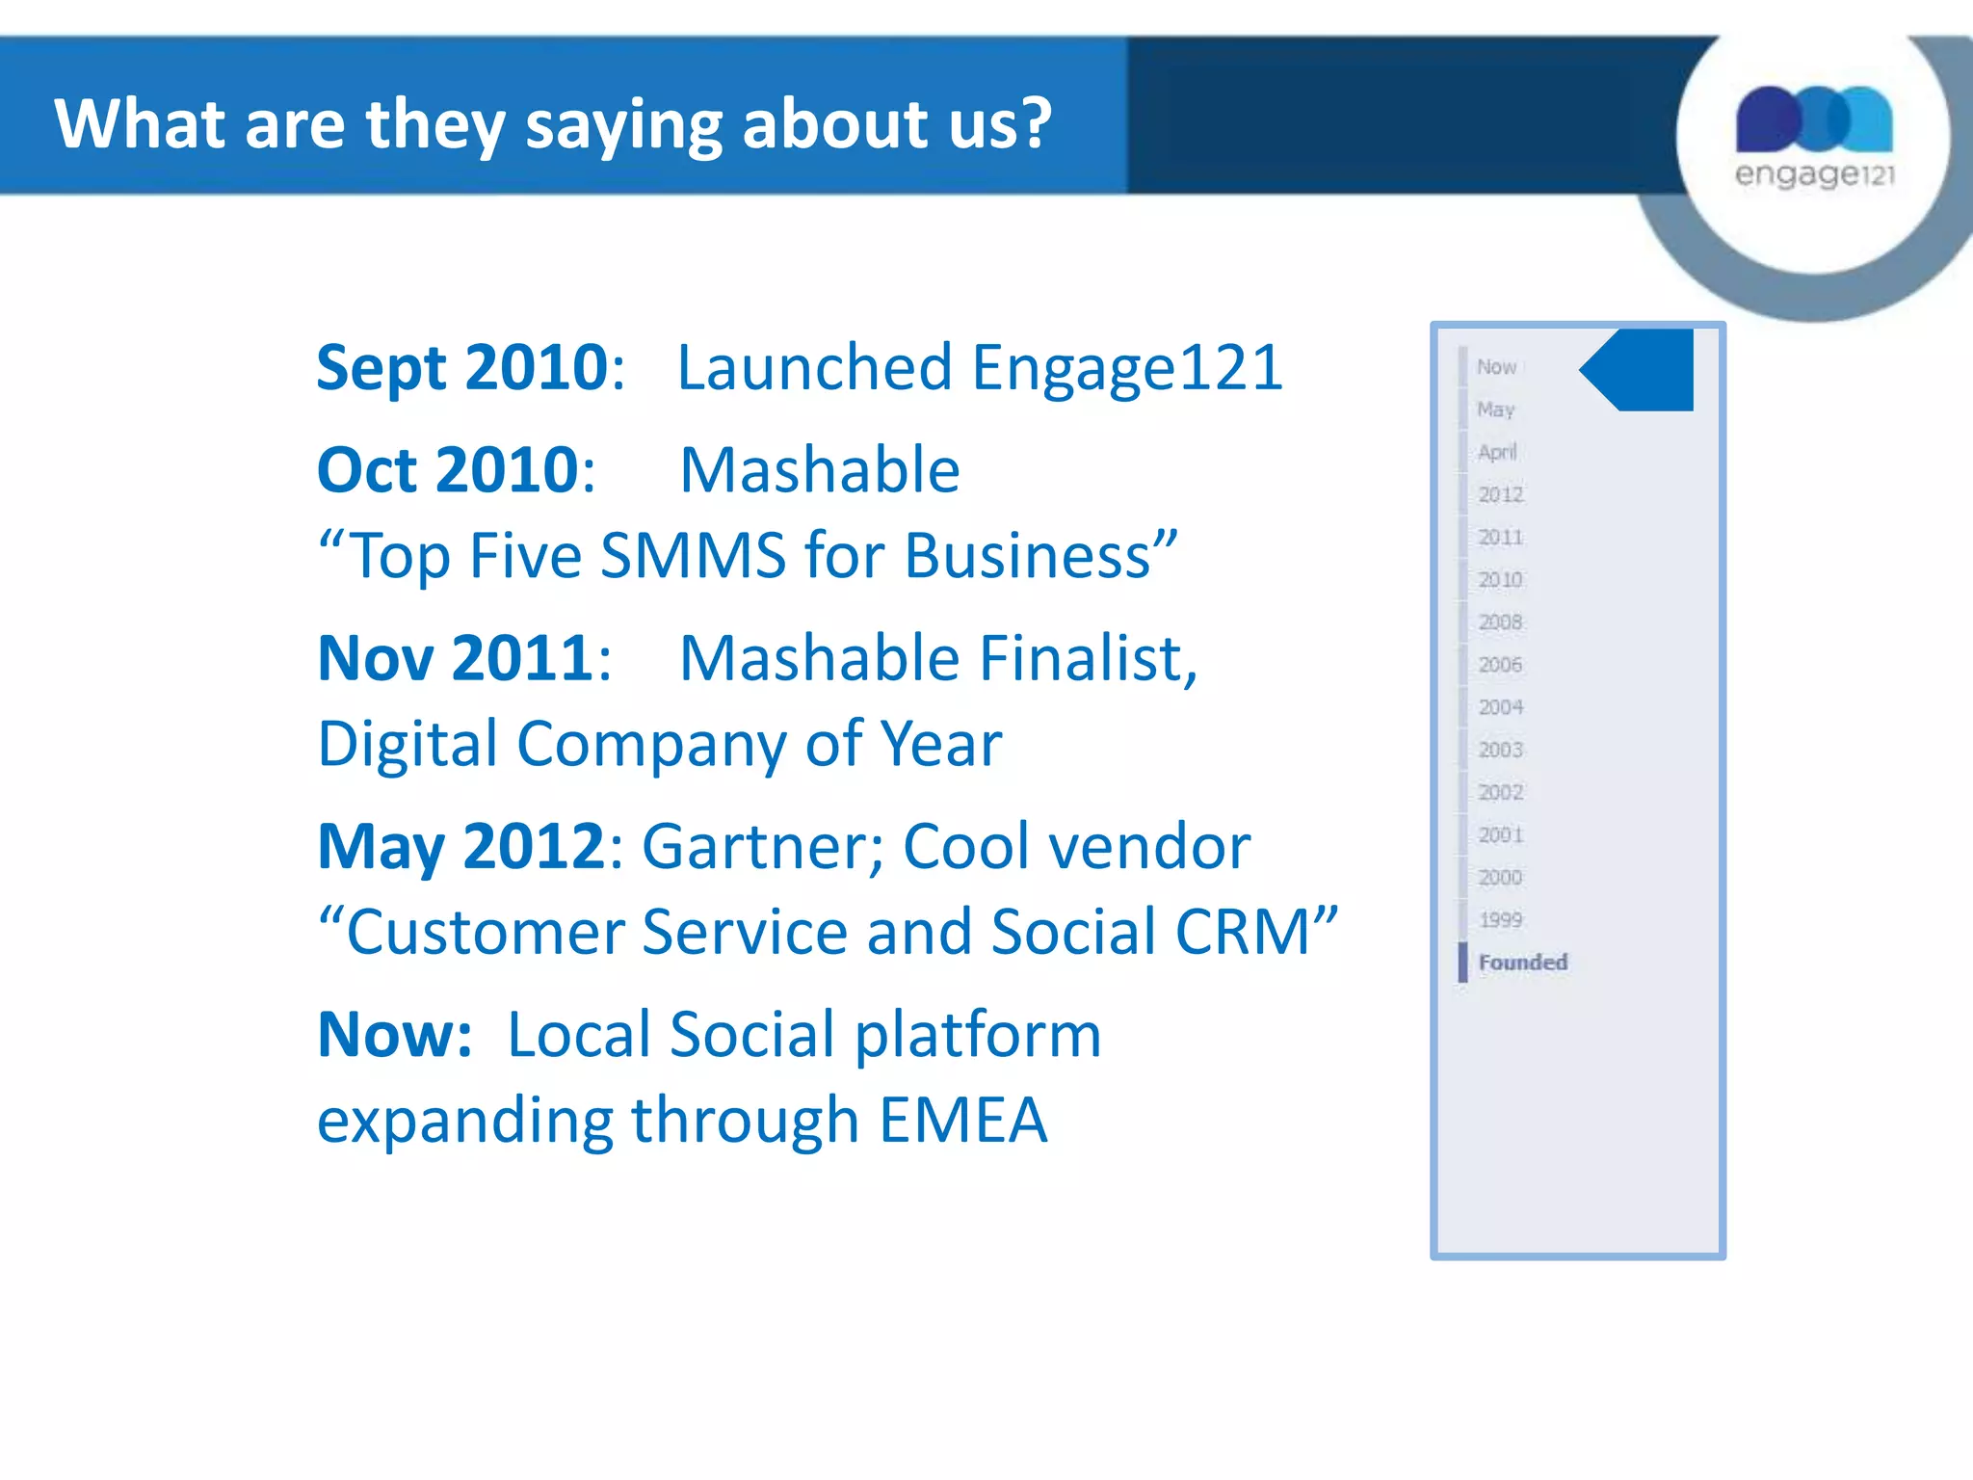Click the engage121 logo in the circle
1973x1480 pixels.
coord(1814,135)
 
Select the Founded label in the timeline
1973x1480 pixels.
coord(1522,962)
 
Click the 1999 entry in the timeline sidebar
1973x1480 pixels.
coord(1500,919)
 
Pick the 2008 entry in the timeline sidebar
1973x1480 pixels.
coord(1500,621)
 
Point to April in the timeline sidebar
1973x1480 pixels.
coord(1497,452)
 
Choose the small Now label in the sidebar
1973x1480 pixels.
coord(1496,367)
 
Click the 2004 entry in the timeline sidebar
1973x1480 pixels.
coord(1500,707)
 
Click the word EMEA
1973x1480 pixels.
coord(962,1121)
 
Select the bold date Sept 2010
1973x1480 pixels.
coord(462,368)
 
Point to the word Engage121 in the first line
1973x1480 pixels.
coord(1126,368)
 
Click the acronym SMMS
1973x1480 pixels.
coord(693,556)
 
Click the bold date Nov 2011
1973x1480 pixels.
coord(456,659)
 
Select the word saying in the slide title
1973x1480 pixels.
coord(623,125)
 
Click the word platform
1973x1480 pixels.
coord(978,1037)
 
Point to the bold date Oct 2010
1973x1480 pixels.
coord(448,470)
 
